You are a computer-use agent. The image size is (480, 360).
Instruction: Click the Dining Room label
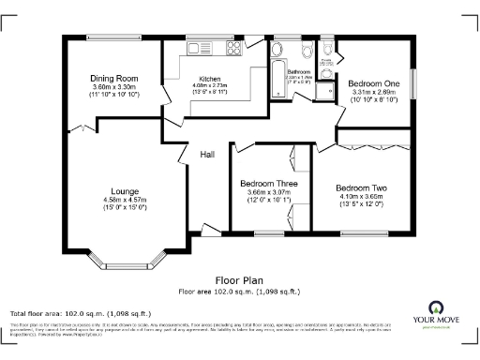pyautogui.click(x=114, y=78)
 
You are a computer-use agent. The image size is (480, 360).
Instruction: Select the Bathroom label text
pyautogui.click(x=298, y=71)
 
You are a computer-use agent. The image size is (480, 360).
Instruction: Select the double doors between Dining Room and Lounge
pyautogui.click(x=86, y=126)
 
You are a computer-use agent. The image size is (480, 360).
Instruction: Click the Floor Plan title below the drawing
pyautogui.click(x=239, y=279)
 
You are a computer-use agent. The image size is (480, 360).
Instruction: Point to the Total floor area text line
pyautogui.click(x=79, y=313)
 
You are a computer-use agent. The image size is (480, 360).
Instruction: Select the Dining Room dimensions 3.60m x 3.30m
pyautogui.click(x=114, y=87)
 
